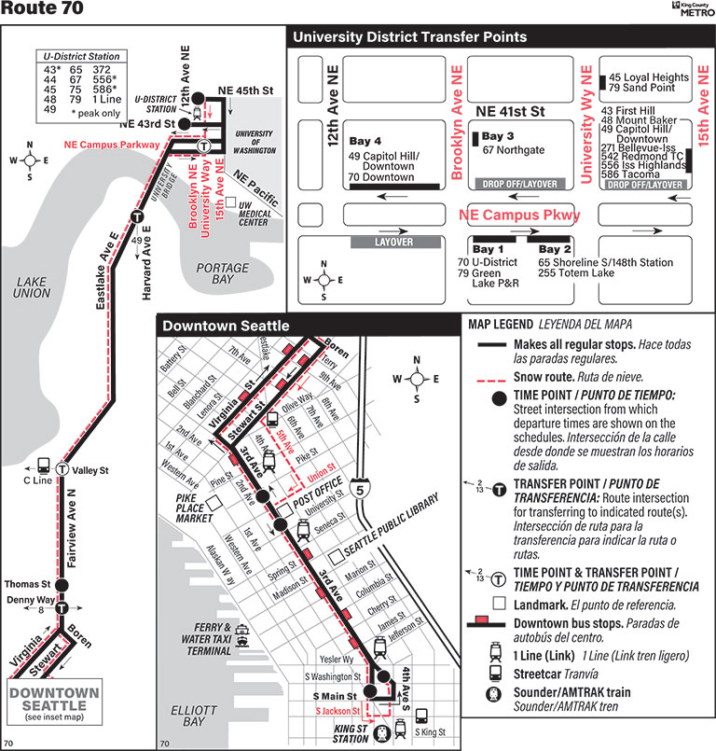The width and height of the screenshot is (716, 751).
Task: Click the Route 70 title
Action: click(42, 10)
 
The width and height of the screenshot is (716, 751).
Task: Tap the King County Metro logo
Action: click(690, 9)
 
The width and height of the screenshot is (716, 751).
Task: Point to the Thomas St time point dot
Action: click(62, 585)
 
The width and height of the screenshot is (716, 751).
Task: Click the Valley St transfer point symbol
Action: click(62, 469)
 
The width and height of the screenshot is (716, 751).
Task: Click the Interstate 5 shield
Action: click(361, 487)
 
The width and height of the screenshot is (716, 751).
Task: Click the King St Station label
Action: click(350, 733)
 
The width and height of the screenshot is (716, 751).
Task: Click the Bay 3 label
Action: click(499, 136)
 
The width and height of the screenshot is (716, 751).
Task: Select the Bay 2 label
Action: click(555, 250)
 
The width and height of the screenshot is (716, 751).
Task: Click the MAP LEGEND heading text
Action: click(499, 325)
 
